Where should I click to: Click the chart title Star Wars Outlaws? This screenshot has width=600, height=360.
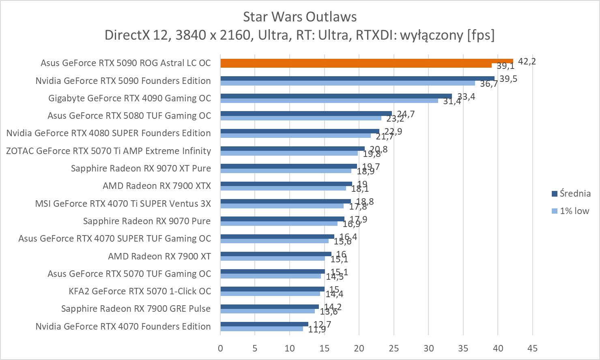(300, 17)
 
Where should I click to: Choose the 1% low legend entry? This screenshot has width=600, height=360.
(570, 211)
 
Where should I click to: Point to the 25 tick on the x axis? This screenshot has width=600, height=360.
(394, 348)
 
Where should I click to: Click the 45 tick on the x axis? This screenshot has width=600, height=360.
(532, 348)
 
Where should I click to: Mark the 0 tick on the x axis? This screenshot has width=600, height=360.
(220, 348)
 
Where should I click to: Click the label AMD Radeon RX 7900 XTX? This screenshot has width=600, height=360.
(157, 186)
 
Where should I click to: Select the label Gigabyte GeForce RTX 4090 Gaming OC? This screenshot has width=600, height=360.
(129, 98)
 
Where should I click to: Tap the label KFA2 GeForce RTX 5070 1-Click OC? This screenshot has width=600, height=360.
(140, 291)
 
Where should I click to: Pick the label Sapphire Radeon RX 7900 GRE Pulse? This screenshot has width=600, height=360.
(136, 309)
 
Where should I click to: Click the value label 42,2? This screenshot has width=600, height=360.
(527, 62)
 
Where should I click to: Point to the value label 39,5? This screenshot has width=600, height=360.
(508, 79)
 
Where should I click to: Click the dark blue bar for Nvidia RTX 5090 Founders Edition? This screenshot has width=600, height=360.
(357, 78)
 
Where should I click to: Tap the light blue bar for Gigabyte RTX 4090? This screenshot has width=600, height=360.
(329, 101)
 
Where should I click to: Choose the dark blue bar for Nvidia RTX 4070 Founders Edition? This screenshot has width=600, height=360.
(264, 324)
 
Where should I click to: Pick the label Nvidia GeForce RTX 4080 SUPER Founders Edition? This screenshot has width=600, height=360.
(108, 133)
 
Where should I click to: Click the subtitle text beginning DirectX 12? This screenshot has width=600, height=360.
(299, 35)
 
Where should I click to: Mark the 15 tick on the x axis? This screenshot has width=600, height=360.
(324, 348)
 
